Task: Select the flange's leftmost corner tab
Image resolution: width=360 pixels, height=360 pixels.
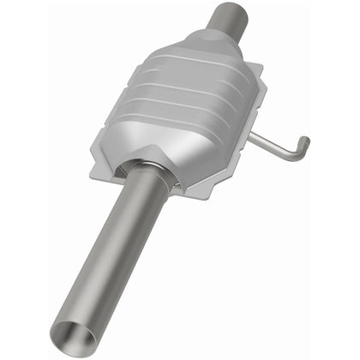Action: click(x=97, y=154)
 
